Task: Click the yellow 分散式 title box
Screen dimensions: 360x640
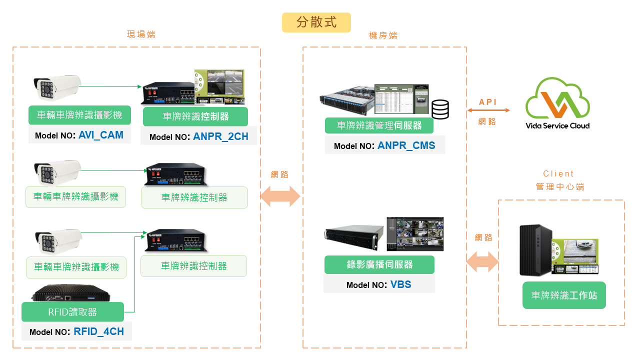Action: pyautogui.click(x=316, y=22)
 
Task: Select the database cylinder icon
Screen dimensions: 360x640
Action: pyautogui.click(x=440, y=109)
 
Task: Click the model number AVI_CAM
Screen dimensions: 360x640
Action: pyautogui.click(x=100, y=135)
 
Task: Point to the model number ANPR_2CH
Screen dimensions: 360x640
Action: pyautogui.click(x=220, y=136)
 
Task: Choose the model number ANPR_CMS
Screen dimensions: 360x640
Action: pyautogui.click(x=406, y=145)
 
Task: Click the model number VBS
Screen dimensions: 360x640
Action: pyautogui.click(x=400, y=284)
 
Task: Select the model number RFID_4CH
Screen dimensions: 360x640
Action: pyautogui.click(x=98, y=331)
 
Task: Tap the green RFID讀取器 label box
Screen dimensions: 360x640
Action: pyautogui.click(x=72, y=312)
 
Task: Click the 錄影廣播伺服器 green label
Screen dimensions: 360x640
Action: pyautogui.click(x=379, y=264)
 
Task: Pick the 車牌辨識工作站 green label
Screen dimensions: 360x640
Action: pyautogui.click(x=564, y=295)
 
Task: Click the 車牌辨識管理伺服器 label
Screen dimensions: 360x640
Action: pyautogui.click(x=379, y=125)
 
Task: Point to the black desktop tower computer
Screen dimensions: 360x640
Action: pyautogui.click(x=535, y=249)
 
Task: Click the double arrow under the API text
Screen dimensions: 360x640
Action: pyautogui.click(x=488, y=110)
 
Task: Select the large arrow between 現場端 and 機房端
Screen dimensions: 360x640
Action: pyautogui.click(x=280, y=197)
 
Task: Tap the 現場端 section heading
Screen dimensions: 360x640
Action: pyautogui.click(x=141, y=34)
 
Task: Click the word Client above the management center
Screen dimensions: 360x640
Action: pyautogui.click(x=558, y=174)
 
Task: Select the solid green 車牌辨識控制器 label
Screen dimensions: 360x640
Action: pyautogui.click(x=195, y=116)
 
